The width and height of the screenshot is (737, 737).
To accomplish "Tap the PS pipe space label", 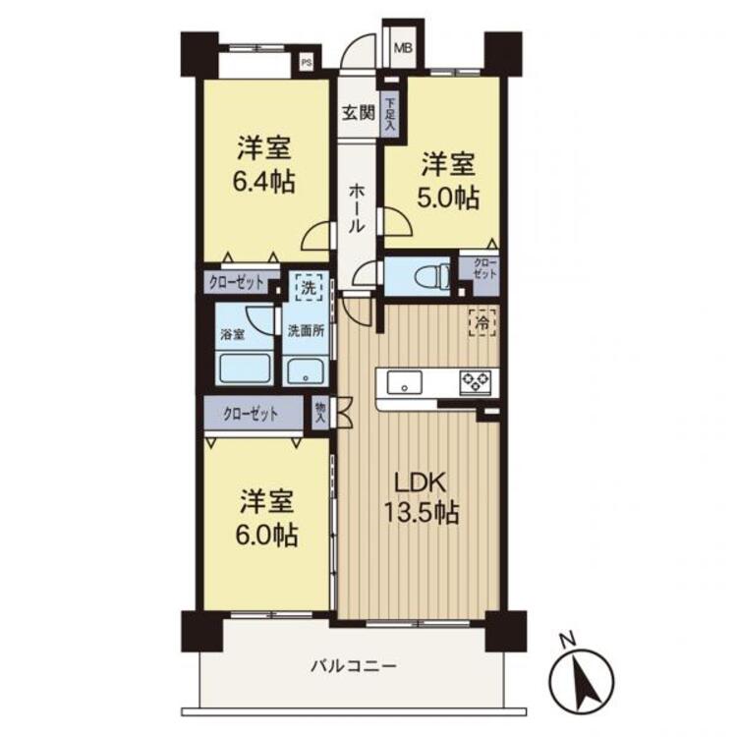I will (307, 65).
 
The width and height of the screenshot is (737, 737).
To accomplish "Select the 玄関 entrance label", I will (358, 111).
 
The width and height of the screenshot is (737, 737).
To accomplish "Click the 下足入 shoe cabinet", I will (391, 114).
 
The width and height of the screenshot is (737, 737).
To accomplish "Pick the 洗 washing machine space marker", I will (309, 290).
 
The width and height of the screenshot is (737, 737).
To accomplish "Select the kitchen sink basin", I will (405, 380).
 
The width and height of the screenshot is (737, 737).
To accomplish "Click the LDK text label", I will (422, 482).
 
